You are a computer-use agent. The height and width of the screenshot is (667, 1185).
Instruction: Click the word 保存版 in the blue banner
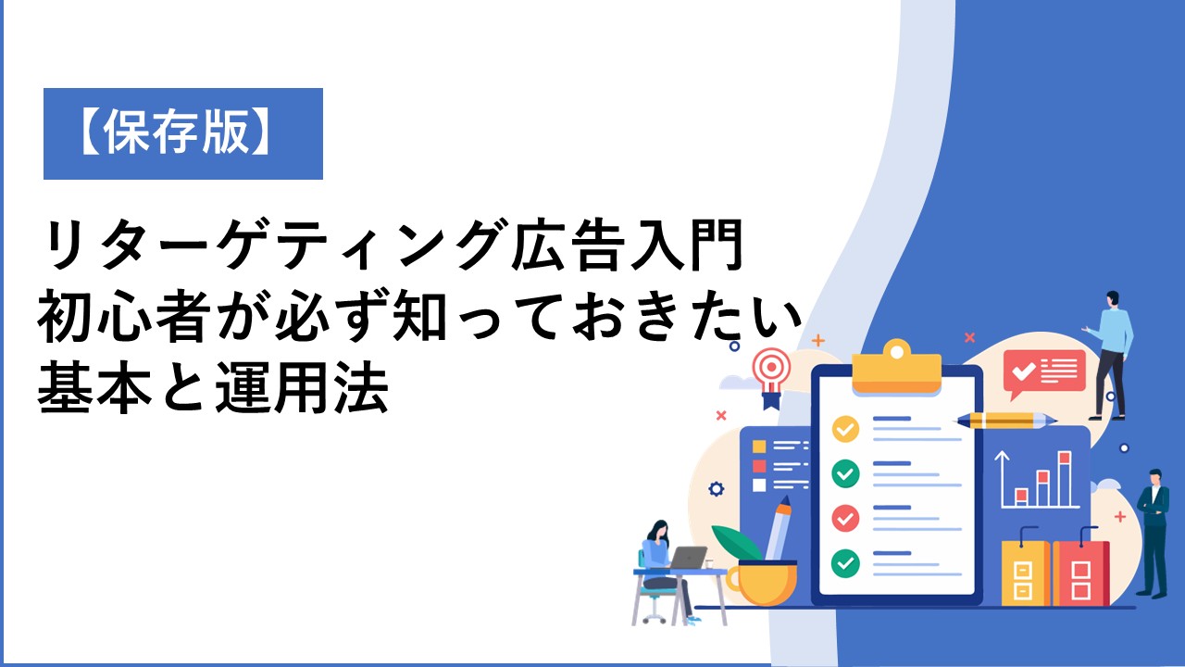click(x=176, y=132)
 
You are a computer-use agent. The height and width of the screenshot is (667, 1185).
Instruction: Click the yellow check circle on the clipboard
click(x=845, y=429)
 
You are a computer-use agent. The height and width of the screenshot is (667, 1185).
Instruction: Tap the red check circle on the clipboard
click(x=845, y=518)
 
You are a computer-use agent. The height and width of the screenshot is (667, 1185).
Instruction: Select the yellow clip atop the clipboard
click(x=897, y=368)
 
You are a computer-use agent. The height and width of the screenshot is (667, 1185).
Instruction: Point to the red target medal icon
click(x=772, y=376)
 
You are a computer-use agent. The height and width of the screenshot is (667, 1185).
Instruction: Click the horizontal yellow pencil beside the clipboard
click(x=1005, y=421)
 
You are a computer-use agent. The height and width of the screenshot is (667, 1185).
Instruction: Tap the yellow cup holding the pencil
click(x=762, y=583)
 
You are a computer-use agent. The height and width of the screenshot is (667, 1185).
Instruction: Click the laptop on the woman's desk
click(x=687, y=558)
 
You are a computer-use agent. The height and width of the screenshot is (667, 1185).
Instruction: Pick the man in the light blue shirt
click(x=1110, y=355)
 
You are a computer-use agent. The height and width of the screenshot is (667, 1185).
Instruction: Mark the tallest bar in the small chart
click(x=1065, y=479)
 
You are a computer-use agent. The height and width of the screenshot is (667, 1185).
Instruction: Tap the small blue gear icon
click(x=716, y=488)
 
